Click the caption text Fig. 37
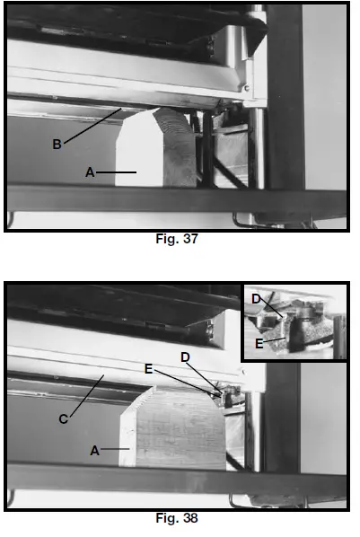coord(177,240)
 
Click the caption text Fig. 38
coord(177,518)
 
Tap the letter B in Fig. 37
coord(56,143)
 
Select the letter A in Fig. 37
coord(90,172)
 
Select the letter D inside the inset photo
coord(257,298)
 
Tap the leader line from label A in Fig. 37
coord(117,172)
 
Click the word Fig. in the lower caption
coord(167,518)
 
